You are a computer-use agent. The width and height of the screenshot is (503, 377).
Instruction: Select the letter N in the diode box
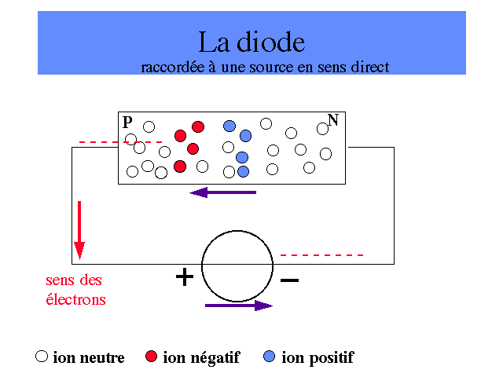[x=332, y=120]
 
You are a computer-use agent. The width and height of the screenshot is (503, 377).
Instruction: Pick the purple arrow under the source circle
[x=238, y=306]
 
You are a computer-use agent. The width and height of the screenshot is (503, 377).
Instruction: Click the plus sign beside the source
[x=184, y=276]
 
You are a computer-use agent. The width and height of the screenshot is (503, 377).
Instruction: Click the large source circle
[x=237, y=265]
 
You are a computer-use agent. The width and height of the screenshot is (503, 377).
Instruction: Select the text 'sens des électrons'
[x=75, y=290]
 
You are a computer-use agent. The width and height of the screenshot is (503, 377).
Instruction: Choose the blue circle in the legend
[x=270, y=357]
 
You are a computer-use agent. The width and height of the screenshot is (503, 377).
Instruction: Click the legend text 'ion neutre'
[x=89, y=358]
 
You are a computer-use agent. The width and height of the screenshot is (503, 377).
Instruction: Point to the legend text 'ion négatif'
[x=201, y=358]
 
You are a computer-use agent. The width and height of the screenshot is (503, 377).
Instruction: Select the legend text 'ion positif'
[x=318, y=358]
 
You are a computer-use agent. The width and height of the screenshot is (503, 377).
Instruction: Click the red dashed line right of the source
[x=322, y=255]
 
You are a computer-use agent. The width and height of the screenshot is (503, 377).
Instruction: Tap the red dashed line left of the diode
[x=97, y=143]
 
